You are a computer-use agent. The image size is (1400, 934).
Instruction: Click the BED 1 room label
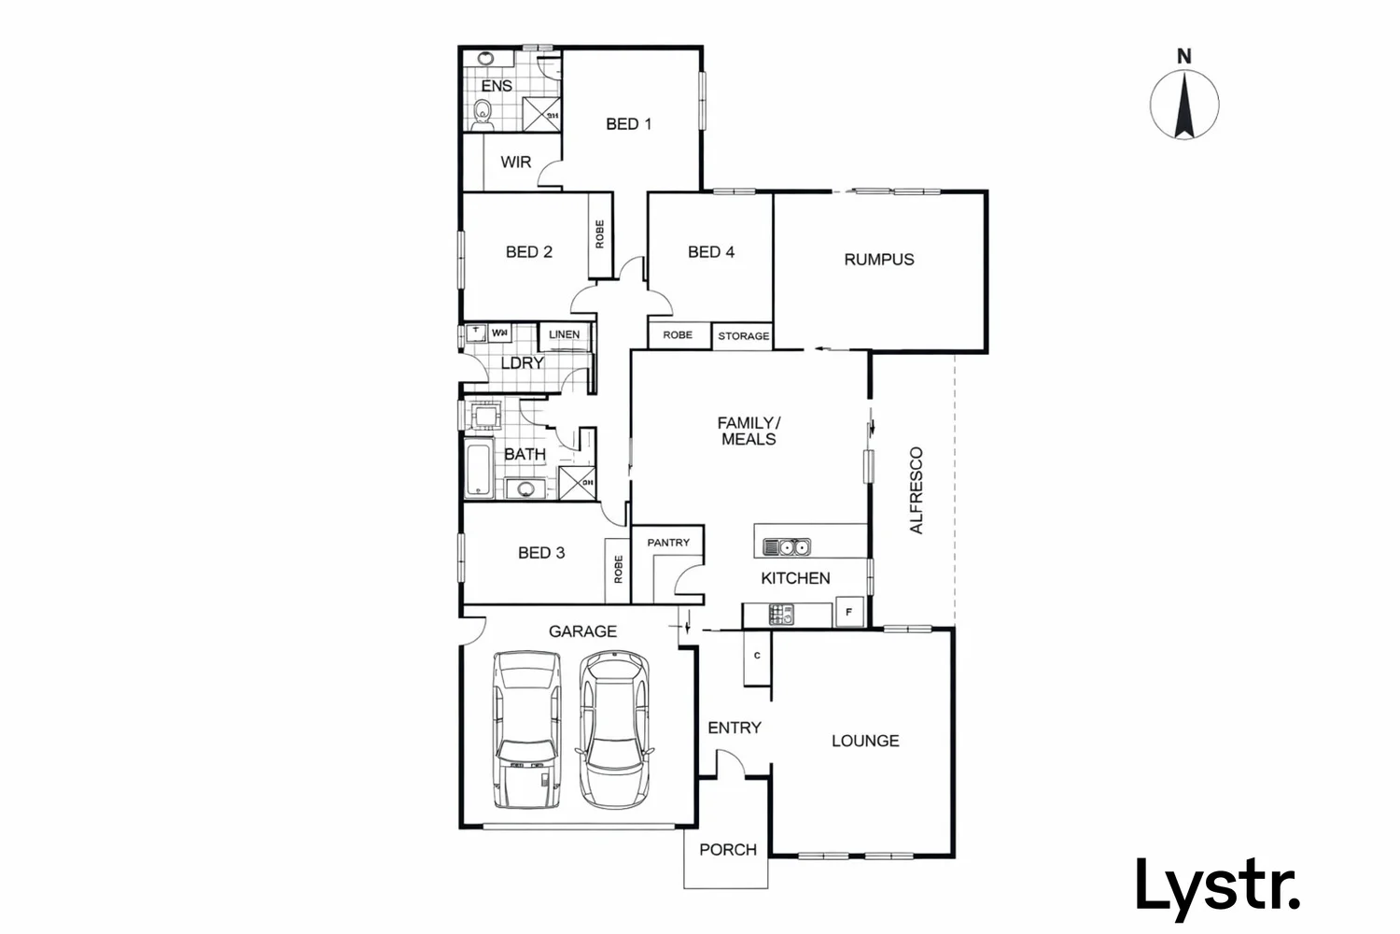pyautogui.click(x=628, y=123)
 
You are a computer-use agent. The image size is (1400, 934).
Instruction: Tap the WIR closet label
pyautogui.click(x=515, y=162)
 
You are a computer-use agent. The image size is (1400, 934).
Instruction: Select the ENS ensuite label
pyautogui.click(x=496, y=86)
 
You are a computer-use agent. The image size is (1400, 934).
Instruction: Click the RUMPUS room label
pyautogui.click(x=878, y=260)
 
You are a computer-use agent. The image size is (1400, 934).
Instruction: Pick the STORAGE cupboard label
pyautogui.click(x=744, y=336)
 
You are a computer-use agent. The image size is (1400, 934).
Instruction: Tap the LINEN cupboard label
pyautogui.click(x=564, y=334)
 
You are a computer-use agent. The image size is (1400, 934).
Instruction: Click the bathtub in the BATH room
pyautogui.click(x=479, y=470)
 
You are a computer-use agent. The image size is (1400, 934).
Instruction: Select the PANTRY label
pyautogui.click(x=668, y=543)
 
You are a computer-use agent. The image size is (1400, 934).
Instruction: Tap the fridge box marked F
pyautogui.click(x=848, y=613)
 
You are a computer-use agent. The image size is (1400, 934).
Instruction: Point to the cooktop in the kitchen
pyautogui.click(x=781, y=615)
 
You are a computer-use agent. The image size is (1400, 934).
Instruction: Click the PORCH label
pyautogui.click(x=727, y=850)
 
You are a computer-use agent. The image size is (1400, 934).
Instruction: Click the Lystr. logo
pyautogui.click(x=1217, y=884)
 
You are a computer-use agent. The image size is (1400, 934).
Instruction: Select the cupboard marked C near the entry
pyautogui.click(x=757, y=656)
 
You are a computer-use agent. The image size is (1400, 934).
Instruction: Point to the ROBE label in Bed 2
pyautogui.click(x=599, y=233)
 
